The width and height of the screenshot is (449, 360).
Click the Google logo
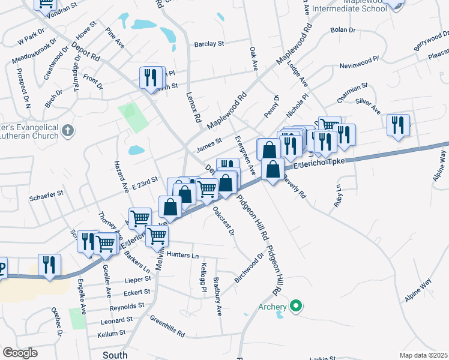click(20, 353)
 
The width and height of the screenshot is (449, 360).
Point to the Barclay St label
click(209, 44)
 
